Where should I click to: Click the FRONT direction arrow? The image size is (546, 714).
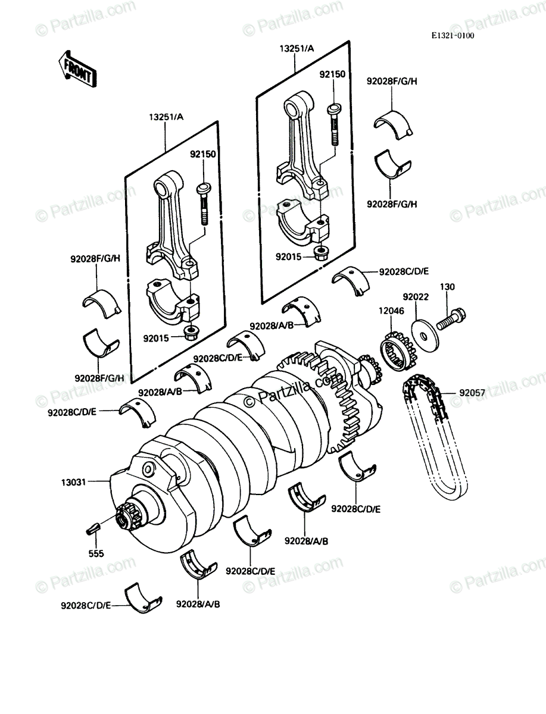point(77,69)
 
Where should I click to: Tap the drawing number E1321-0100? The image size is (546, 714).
point(453,36)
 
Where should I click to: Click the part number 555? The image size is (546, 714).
point(96,553)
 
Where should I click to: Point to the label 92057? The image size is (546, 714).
point(472,393)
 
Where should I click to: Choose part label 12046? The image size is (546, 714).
point(391,311)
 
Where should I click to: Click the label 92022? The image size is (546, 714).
point(416,297)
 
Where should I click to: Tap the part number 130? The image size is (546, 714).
point(447,287)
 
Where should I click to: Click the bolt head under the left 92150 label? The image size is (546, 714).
point(204,189)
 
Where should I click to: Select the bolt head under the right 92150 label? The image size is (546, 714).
point(334,108)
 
